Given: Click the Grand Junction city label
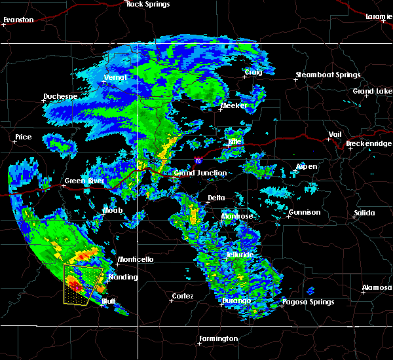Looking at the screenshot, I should pyautogui.click(x=200, y=173).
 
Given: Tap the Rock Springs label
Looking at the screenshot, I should pyautogui.click(x=148, y=5).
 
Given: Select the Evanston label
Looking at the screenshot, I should pyautogui.click(x=18, y=20).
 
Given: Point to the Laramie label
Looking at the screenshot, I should pyautogui.click(x=379, y=16).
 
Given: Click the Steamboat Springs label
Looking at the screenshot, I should pyautogui.click(x=327, y=75).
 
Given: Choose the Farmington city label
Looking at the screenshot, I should pyautogui.click(x=218, y=338).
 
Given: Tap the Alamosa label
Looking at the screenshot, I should pyautogui.click(x=377, y=288).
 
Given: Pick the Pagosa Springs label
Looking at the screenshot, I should pyautogui.click(x=307, y=302).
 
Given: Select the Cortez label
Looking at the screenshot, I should pyautogui.click(x=182, y=297).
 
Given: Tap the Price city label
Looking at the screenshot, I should pyautogui.click(x=23, y=137).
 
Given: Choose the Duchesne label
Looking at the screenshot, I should pyautogui.click(x=60, y=96).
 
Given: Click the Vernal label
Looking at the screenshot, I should pyautogui.click(x=115, y=78).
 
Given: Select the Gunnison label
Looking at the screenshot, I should pyautogui.click(x=305, y=212).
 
